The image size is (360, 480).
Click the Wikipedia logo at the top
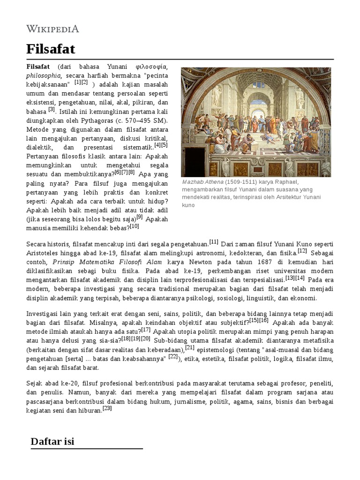[x=52, y=29]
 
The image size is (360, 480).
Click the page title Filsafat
[x=50, y=49]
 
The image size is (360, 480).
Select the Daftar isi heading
[x=52, y=441]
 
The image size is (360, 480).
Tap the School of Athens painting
[x=256, y=122]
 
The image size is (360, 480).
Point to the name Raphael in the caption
[x=284, y=182]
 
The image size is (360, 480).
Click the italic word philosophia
[x=44, y=75]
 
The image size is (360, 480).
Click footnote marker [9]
[x=139, y=217]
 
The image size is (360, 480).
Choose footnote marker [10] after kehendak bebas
[x=135, y=226]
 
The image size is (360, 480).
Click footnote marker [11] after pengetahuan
[x=214, y=242]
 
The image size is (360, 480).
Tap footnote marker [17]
[x=146, y=329]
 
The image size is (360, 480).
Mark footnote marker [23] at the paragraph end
[x=107, y=408]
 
